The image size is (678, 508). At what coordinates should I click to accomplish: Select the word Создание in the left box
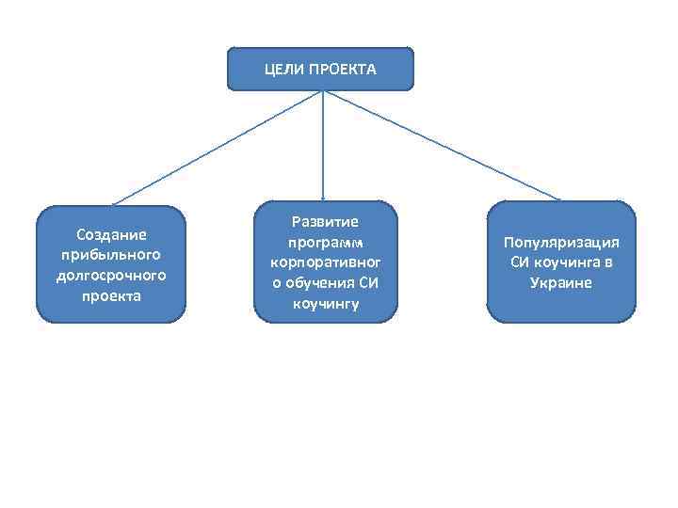[x=110, y=234]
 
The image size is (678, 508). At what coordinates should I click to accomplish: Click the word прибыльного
[x=110, y=254]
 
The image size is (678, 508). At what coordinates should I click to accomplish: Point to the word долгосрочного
[x=110, y=275]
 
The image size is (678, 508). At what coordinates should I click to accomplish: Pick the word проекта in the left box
[x=110, y=295]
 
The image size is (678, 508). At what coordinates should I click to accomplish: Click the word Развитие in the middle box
[x=325, y=222]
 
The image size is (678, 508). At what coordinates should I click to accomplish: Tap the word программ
[x=325, y=243]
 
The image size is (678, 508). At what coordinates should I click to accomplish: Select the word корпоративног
[x=325, y=263]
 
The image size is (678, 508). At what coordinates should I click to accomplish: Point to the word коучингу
[x=325, y=305]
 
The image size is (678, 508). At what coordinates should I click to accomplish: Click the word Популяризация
[x=561, y=242]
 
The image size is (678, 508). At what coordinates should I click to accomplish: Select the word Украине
[x=561, y=283]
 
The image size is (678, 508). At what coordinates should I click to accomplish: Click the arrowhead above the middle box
[x=324, y=196]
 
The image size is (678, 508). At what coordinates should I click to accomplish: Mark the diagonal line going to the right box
[x=443, y=146]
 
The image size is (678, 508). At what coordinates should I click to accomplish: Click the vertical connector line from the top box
[x=324, y=141]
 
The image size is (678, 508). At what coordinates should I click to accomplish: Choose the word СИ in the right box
[x=521, y=262]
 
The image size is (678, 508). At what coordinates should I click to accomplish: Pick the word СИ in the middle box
[x=368, y=284]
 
